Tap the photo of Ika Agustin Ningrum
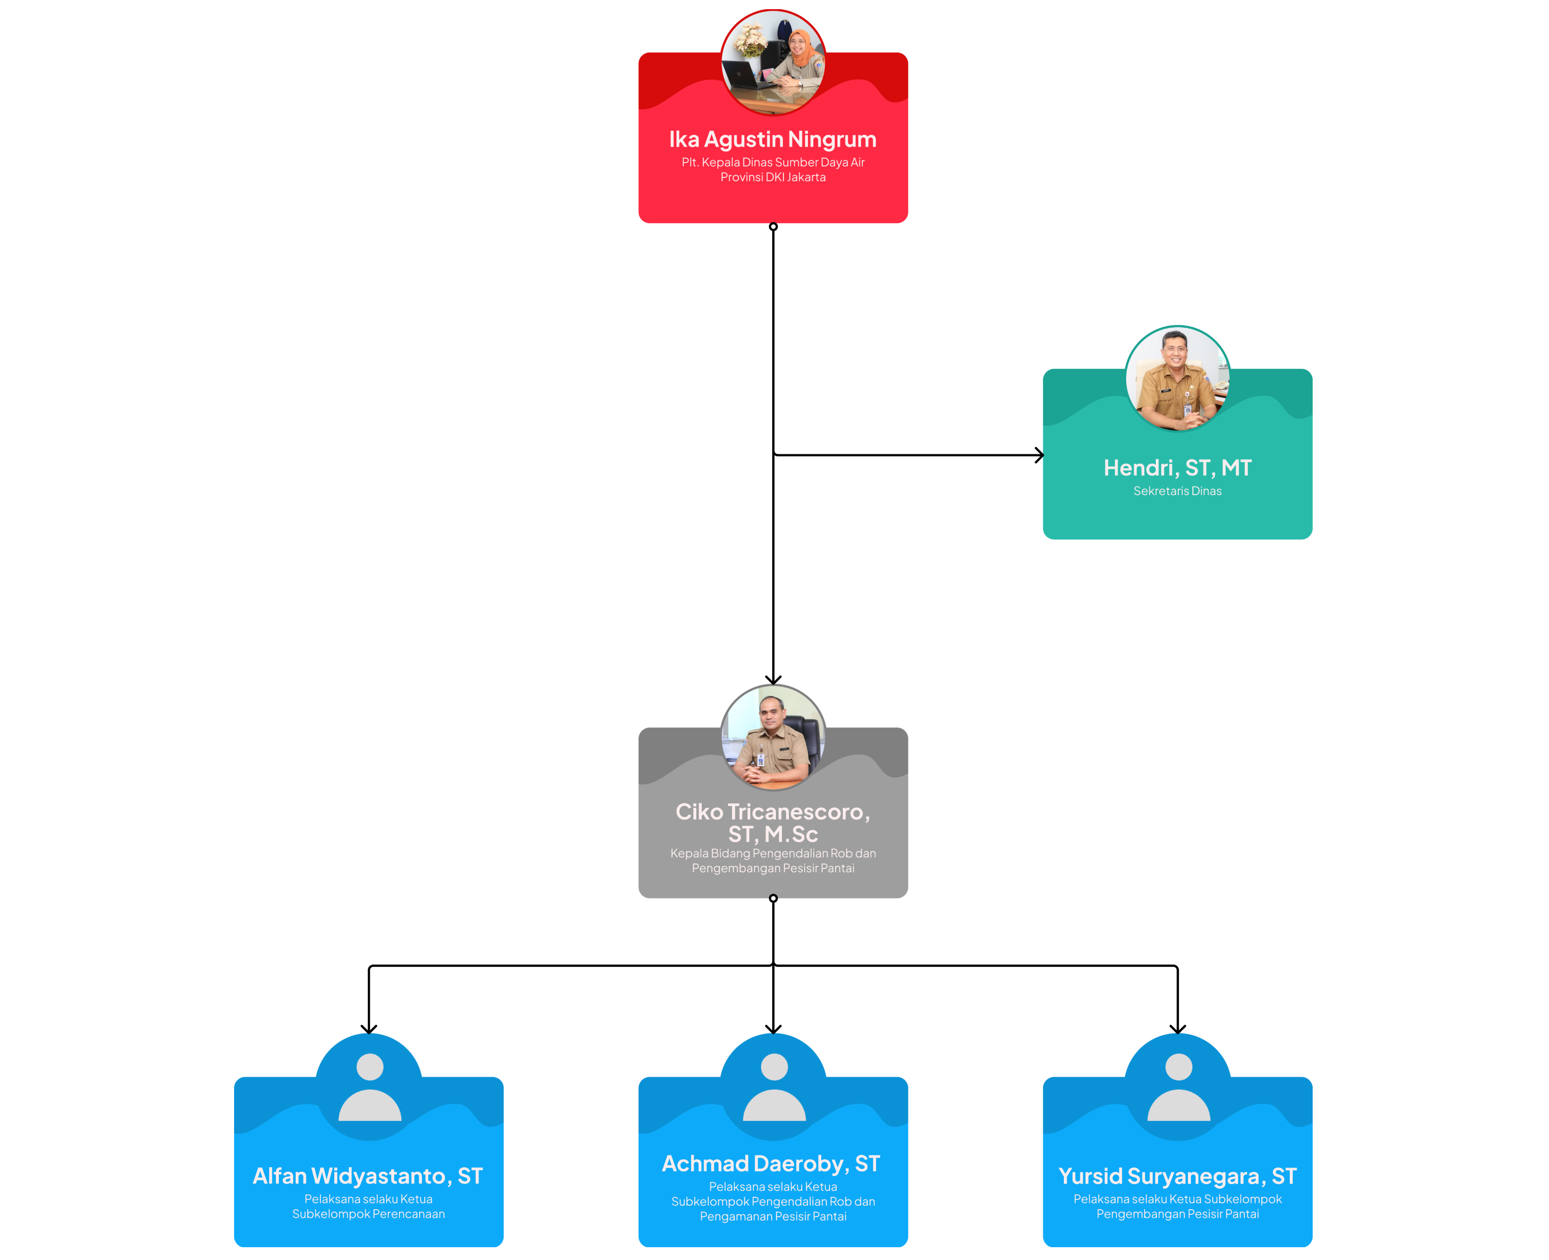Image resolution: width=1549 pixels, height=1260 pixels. pyautogui.click(x=773, y=63)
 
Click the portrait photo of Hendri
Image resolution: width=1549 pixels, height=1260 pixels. pyautogui.click(x=1177, y=378)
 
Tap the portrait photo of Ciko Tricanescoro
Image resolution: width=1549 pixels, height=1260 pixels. pyautogui.click(x=773, y=737)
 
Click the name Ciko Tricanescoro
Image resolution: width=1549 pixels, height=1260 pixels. pyautogui.click(x=773, y=822)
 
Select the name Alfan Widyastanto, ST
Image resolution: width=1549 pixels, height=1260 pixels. pyautogui.click(x=368, y=1176)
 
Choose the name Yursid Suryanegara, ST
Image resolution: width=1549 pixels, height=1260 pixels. pyautogui.click(x=1177, y=1176)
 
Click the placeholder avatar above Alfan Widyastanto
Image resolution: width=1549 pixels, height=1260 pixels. pyautogui.click(x=369, y=1087)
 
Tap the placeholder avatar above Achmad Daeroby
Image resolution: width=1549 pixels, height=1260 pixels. pyautogui.click(x=774, y=1087)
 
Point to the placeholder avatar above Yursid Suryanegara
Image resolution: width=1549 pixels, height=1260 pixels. pyautogui.click(x=1178, y=1087)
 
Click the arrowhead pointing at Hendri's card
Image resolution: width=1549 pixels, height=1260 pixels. pyautogui.click(x=1039, y=455)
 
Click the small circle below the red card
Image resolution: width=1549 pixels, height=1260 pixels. pyautogui.click(x=773, y=226)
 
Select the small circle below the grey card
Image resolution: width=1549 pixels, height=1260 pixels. pyautogui.click(x=773, y=898)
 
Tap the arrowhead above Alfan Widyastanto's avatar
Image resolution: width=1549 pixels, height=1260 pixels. pyautogui.click(x=369, y=1029)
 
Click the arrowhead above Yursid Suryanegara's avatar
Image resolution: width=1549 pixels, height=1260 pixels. pyautogui.click(x=1177, y=1029)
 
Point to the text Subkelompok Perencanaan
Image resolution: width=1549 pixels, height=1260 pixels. pyautogui.click(x=368, y=1214)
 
